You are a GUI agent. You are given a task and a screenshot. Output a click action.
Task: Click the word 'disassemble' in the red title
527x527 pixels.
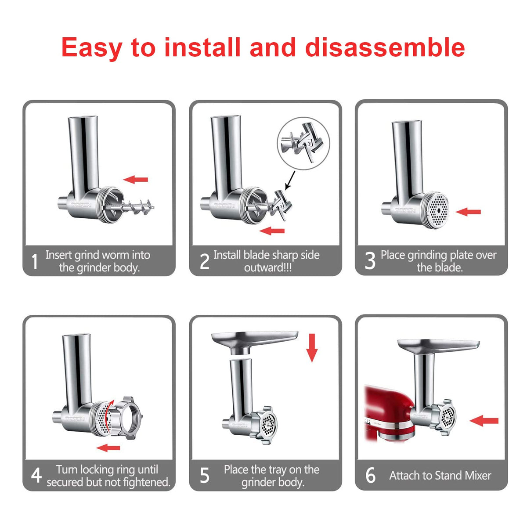[385, 47]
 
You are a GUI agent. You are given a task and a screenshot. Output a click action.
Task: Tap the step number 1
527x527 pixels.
[35, 261]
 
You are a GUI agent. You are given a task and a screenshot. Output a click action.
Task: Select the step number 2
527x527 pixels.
[204, 261]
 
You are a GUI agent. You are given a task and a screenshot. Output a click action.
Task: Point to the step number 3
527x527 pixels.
[370, 260]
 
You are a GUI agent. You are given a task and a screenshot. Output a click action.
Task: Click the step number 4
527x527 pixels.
[36, 476]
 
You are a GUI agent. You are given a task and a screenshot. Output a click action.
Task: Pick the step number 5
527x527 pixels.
[205, 476]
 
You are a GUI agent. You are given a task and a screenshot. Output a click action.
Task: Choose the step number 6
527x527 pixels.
[370, 476]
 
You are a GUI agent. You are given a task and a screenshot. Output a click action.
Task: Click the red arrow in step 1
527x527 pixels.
[136, 179]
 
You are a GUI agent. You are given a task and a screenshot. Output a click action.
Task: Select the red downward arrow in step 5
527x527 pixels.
[312, 347]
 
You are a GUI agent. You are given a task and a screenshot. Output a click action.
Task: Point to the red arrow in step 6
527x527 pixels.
[484, 421]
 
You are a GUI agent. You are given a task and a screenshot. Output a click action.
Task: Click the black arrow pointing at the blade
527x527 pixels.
[290, 180]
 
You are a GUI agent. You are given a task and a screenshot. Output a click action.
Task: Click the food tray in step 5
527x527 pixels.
[255, 339]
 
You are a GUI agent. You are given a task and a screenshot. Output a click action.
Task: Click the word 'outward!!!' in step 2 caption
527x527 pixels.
[268, 268]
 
